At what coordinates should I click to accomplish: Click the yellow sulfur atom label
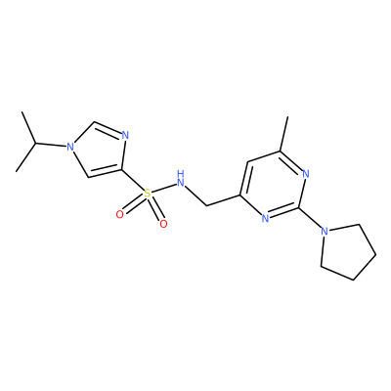148,194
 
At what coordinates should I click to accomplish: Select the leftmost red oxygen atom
120,215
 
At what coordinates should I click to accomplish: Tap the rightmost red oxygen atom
163,224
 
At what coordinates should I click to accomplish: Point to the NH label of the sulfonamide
181,179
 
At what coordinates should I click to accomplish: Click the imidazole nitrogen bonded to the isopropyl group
69,147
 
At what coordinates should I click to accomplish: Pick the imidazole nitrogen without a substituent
125,135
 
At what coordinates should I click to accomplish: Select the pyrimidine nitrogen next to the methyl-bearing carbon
305,174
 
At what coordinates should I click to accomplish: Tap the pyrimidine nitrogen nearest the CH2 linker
265,218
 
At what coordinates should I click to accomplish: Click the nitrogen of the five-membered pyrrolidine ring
324,232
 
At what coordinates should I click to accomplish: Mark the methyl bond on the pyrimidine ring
283,134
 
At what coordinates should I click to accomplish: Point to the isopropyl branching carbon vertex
35,144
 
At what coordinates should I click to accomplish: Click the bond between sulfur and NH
164,188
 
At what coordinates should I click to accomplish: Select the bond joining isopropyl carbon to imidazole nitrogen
51,145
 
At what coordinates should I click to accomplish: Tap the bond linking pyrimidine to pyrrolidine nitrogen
310,218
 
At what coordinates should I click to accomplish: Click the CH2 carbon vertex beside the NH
206,205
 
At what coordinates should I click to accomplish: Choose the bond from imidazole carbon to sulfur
133,180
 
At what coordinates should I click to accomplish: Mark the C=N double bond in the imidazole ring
108,128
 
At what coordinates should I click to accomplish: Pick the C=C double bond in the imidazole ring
106,172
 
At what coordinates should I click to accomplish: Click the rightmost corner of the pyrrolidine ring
376,254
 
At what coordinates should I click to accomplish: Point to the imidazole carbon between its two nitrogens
94,122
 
